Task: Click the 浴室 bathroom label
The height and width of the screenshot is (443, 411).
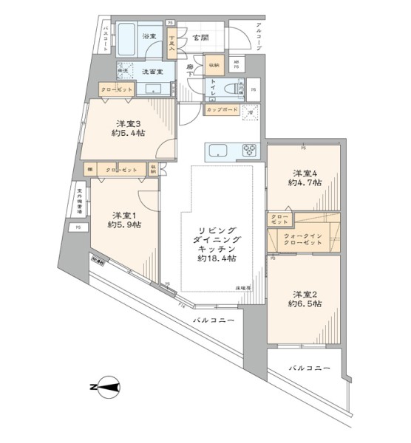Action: tap(149, 36)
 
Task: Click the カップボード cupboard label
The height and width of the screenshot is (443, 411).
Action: tap(223, 111)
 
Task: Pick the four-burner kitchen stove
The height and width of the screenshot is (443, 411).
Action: tap(247, 151)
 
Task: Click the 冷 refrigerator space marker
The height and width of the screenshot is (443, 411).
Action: tap(251, 111)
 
